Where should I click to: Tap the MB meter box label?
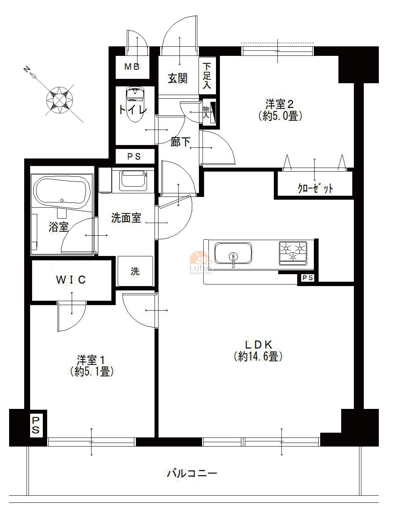point(132,67)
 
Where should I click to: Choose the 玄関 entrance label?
point(178,78)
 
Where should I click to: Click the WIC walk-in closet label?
point(71,280)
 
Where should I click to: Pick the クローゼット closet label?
point(315,188)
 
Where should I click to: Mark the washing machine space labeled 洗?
point(135,271)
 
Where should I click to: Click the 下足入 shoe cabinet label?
point(206,76)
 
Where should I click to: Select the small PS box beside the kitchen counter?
point(308,278)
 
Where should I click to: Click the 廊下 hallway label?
point(180,142)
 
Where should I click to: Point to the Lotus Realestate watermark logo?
point(201,263)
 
